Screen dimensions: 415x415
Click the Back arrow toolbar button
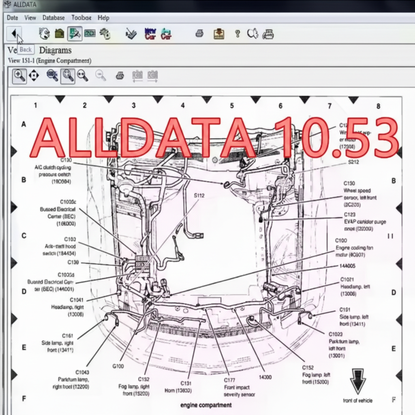(x=14, y=33)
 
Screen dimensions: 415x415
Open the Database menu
(x=53, y=18)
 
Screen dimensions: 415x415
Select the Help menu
(x=103, y=18)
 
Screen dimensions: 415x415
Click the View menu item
(x=30, y=18)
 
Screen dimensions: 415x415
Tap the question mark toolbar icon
(x=237, y=34)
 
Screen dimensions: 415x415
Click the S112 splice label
(x=199, y=195)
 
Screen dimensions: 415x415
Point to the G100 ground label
(x=118, y=366)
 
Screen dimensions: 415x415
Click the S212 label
(x=353, y=162)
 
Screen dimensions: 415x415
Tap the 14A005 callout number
(x=347, y=266)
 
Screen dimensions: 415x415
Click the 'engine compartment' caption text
(x=206, y=405)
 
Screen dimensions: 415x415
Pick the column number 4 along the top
(x=183, y=105)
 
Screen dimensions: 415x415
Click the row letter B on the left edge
(x=24, y=180)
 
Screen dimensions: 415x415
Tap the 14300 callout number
(x=265, y=377)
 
